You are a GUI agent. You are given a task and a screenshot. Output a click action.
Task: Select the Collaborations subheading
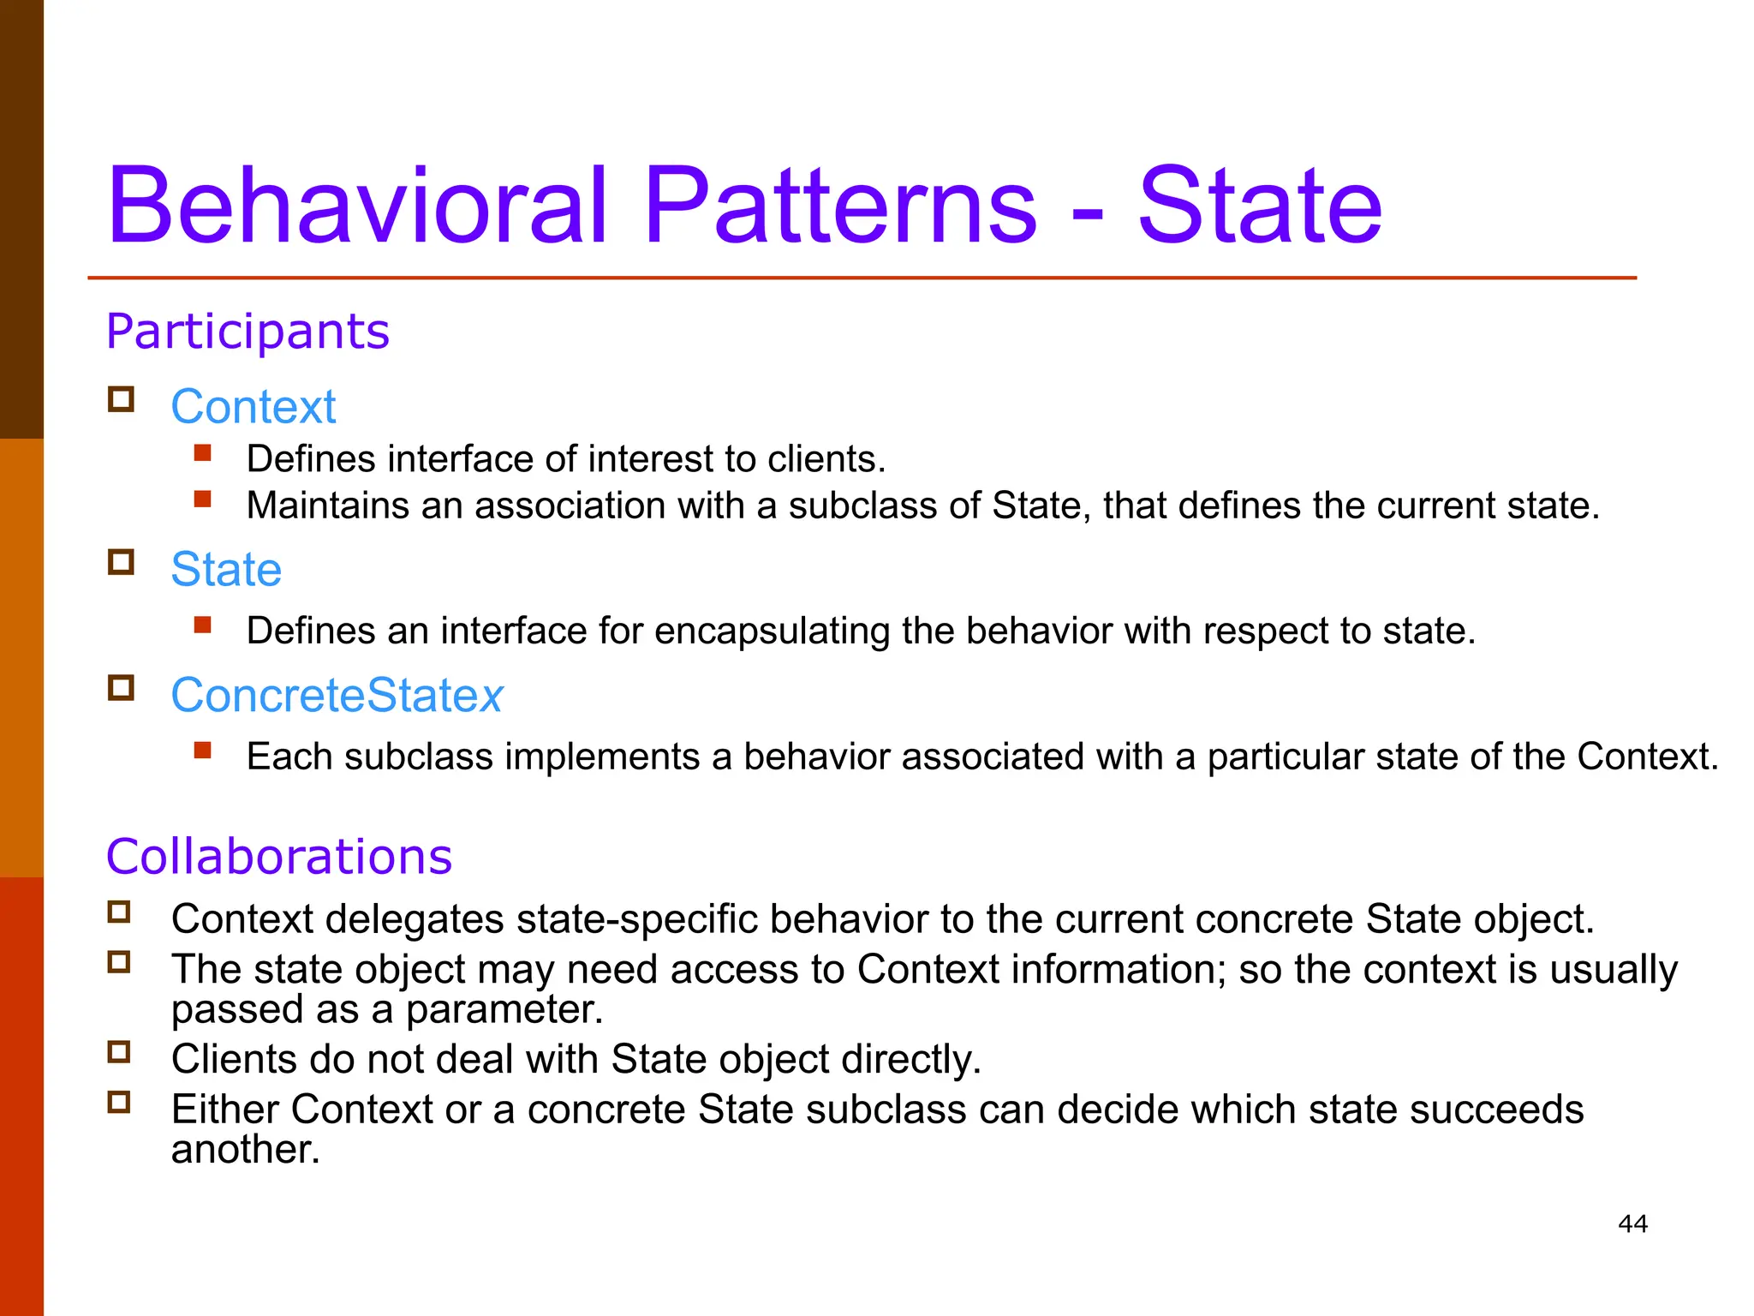[279, 857]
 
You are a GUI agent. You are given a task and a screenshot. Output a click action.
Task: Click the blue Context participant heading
[254, 406]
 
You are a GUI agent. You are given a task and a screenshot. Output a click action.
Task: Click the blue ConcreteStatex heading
[337, 695]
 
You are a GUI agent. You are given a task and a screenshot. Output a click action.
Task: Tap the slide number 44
[1632, 1223]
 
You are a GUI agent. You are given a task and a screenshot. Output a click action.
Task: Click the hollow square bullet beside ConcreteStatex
[121, 688]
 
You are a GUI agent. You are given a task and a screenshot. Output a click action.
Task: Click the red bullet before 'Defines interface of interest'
[203, 452]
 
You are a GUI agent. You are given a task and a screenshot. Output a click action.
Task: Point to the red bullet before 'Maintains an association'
[203, 499]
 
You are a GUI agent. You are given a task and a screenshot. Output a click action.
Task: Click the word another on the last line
[244, 1150]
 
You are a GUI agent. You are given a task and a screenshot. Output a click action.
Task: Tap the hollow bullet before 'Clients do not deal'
[119, 1052]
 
